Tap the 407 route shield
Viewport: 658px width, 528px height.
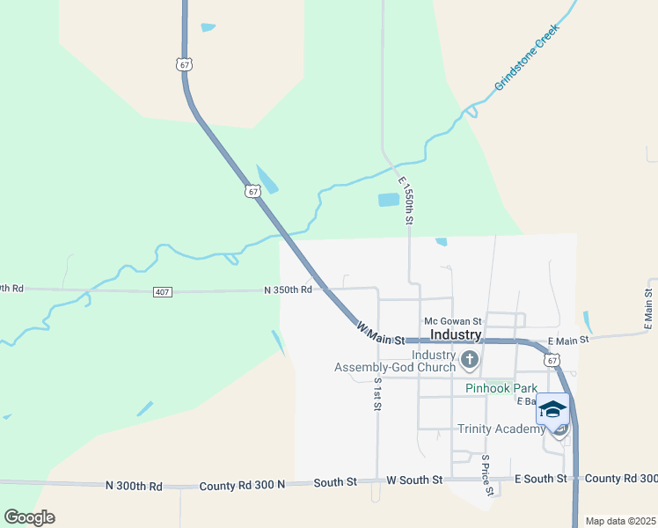tap(163, 292)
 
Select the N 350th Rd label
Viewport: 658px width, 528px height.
tap(288, 290)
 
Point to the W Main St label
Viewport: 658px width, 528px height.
tap(380, 334)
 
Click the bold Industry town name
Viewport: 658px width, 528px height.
tap(456, 335)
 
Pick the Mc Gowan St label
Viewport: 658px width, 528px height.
tap(452, 321)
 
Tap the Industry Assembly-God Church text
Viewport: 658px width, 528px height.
tap(396, 361)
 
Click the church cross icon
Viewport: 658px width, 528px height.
tap(470, 359)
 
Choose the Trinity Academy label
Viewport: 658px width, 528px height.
tap(501, 429)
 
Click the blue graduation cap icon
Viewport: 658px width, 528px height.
tap(552, 409)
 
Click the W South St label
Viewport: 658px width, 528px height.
tap(414, 480)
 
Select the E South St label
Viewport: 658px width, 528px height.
tap(542, 479)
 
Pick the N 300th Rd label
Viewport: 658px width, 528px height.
tap(134, 486)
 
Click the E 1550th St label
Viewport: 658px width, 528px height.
tap(406, 201)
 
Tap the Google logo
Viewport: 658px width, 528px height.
tap(29, 517)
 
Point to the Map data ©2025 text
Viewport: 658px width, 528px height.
tap(620, 521)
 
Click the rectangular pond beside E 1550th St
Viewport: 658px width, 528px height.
tap(389, 200)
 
